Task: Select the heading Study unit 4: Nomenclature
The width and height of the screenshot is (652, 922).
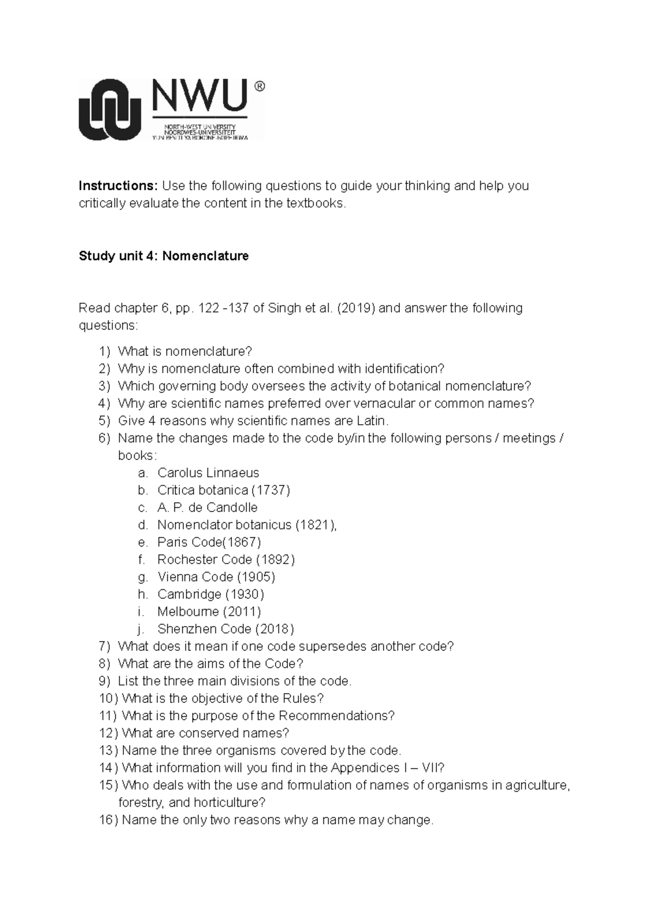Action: (164, 256)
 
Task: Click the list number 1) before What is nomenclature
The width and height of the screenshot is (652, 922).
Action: (104, 352)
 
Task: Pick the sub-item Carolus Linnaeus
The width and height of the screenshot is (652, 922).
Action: (208, 473)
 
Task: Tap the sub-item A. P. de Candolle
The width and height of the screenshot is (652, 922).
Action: (208, 508)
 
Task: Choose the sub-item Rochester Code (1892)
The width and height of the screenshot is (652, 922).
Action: (226, 560)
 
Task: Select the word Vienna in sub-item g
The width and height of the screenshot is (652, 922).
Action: (175, 577)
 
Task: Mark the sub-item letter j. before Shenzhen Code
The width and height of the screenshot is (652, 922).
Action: (141, 630)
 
